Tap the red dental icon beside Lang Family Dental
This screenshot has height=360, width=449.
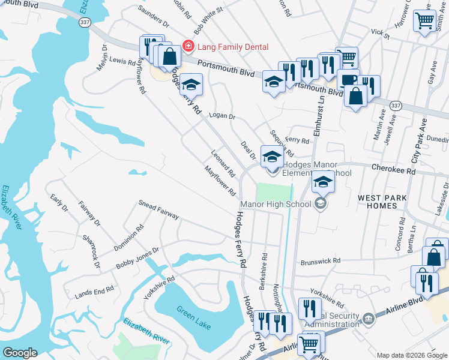pos(188,46)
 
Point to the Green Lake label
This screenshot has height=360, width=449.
pos(194,317)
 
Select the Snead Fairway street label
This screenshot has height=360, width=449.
pos(159,210)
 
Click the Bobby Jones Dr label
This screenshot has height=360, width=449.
pos(137,258)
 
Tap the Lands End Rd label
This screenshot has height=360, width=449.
pos(94,293)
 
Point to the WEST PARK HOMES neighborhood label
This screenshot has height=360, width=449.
pos(382,202)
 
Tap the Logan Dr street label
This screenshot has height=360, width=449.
pos(221,115)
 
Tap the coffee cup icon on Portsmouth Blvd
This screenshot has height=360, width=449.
pos(348,79)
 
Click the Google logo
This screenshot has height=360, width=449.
pos(20,353)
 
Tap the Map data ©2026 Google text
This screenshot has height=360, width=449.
pos(411,355)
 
